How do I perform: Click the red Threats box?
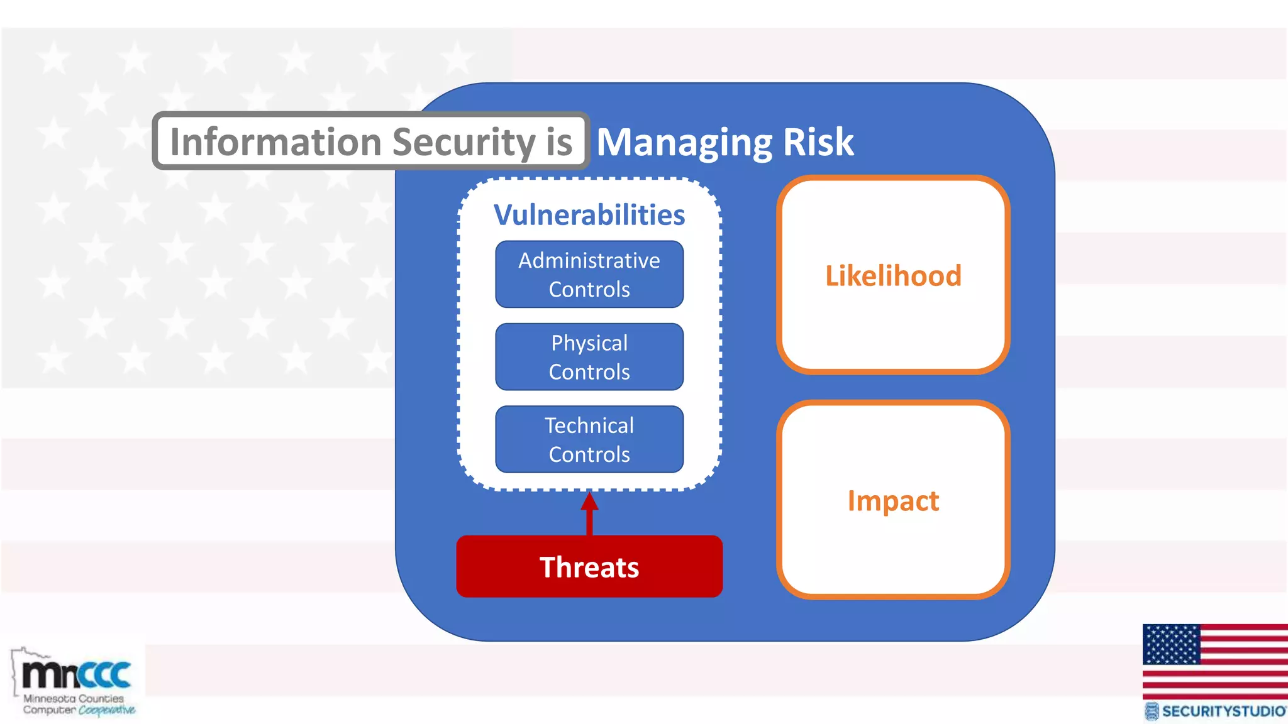pyautogui.click(x=589, y=566)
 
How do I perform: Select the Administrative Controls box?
pyautogui.click(x=589, y=275)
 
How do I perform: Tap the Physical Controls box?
pyautogui.click(x=589, y=357)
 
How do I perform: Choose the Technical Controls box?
pyautogui.click(x=589, y=439)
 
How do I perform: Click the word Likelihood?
pyautogui.click(x=893, y=276)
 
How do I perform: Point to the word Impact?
pyautogui.click(x=893, y=501)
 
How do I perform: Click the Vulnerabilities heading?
pyautogui.click(x=589, y=215)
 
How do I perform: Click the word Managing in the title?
pyautogui.click(x=684, y=142)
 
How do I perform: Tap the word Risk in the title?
pyautogui.click(x=818, y=142)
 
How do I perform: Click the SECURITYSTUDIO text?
pyautogui.click(x=1223, y=711)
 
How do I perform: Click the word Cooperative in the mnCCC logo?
pyautogui.click(x=107, y=710)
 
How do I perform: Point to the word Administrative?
pyautogui.click(x=589, y=260)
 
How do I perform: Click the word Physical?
pyautogui.click(x=589, y=343)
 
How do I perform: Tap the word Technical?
pyautogui.click(x=589, y=425)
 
